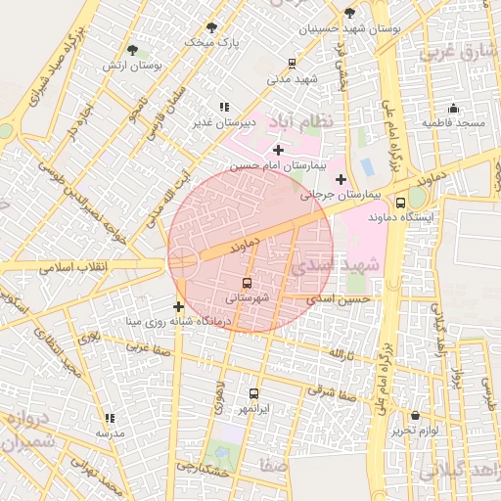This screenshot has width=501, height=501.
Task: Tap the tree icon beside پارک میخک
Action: pos(211,27)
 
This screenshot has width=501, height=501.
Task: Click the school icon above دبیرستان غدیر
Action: pos(224,107)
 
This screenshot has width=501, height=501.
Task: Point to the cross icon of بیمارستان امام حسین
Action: pos(279,150)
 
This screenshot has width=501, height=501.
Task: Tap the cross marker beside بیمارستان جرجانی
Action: pos(341,179)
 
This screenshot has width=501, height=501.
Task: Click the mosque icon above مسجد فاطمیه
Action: pos(452,109)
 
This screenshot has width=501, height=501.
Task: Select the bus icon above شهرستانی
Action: pos(246,283)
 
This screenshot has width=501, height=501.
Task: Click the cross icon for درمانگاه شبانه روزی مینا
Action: pos(178,307)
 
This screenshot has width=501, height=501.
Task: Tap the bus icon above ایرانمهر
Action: pos(254,392)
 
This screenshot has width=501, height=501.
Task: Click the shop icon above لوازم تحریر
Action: pos(415,416)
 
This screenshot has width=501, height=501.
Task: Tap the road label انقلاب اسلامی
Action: pos(74,266)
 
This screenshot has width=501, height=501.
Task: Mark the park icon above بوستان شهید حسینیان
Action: pos(349,13)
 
